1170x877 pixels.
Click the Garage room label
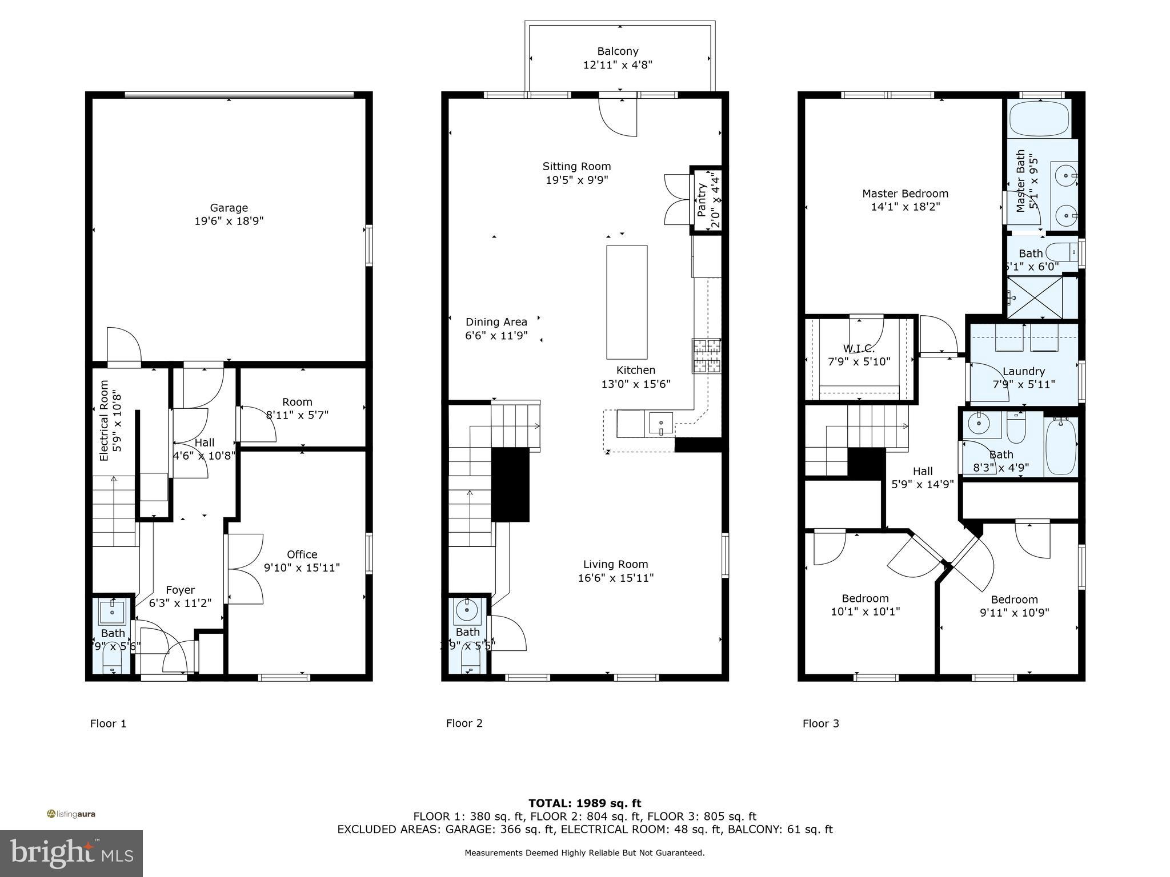click(x=229, y=208)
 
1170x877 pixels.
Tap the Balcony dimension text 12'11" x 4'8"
click(x=617, y=65)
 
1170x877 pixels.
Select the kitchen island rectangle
click(x=627, y=302)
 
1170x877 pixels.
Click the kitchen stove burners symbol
click(x=707, y=356)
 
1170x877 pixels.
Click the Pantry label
click(x=702, y=200)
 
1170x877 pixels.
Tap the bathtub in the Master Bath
click(x=1039, y=118)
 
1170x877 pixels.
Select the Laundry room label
click(x=1023, y=371)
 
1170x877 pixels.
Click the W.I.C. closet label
click(x=859, y=348)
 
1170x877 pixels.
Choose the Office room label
click(x=302, y=554)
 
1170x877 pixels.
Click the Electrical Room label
click(x=104, y=421)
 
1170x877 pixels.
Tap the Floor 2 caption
click(x=464, y=723)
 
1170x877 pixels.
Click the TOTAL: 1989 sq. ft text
click(x=584, y=803)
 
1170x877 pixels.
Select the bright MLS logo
click(x=71, y=853)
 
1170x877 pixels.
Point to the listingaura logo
click(x=71, y=814)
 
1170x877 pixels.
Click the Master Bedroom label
click(x=905, y=194)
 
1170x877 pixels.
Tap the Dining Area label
click(x=496, y=322)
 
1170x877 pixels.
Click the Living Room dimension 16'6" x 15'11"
click(x=615, y=578)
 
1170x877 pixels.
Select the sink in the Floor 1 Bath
click(x=112, y=613)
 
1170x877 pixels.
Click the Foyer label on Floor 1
click(x=180, y=590)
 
